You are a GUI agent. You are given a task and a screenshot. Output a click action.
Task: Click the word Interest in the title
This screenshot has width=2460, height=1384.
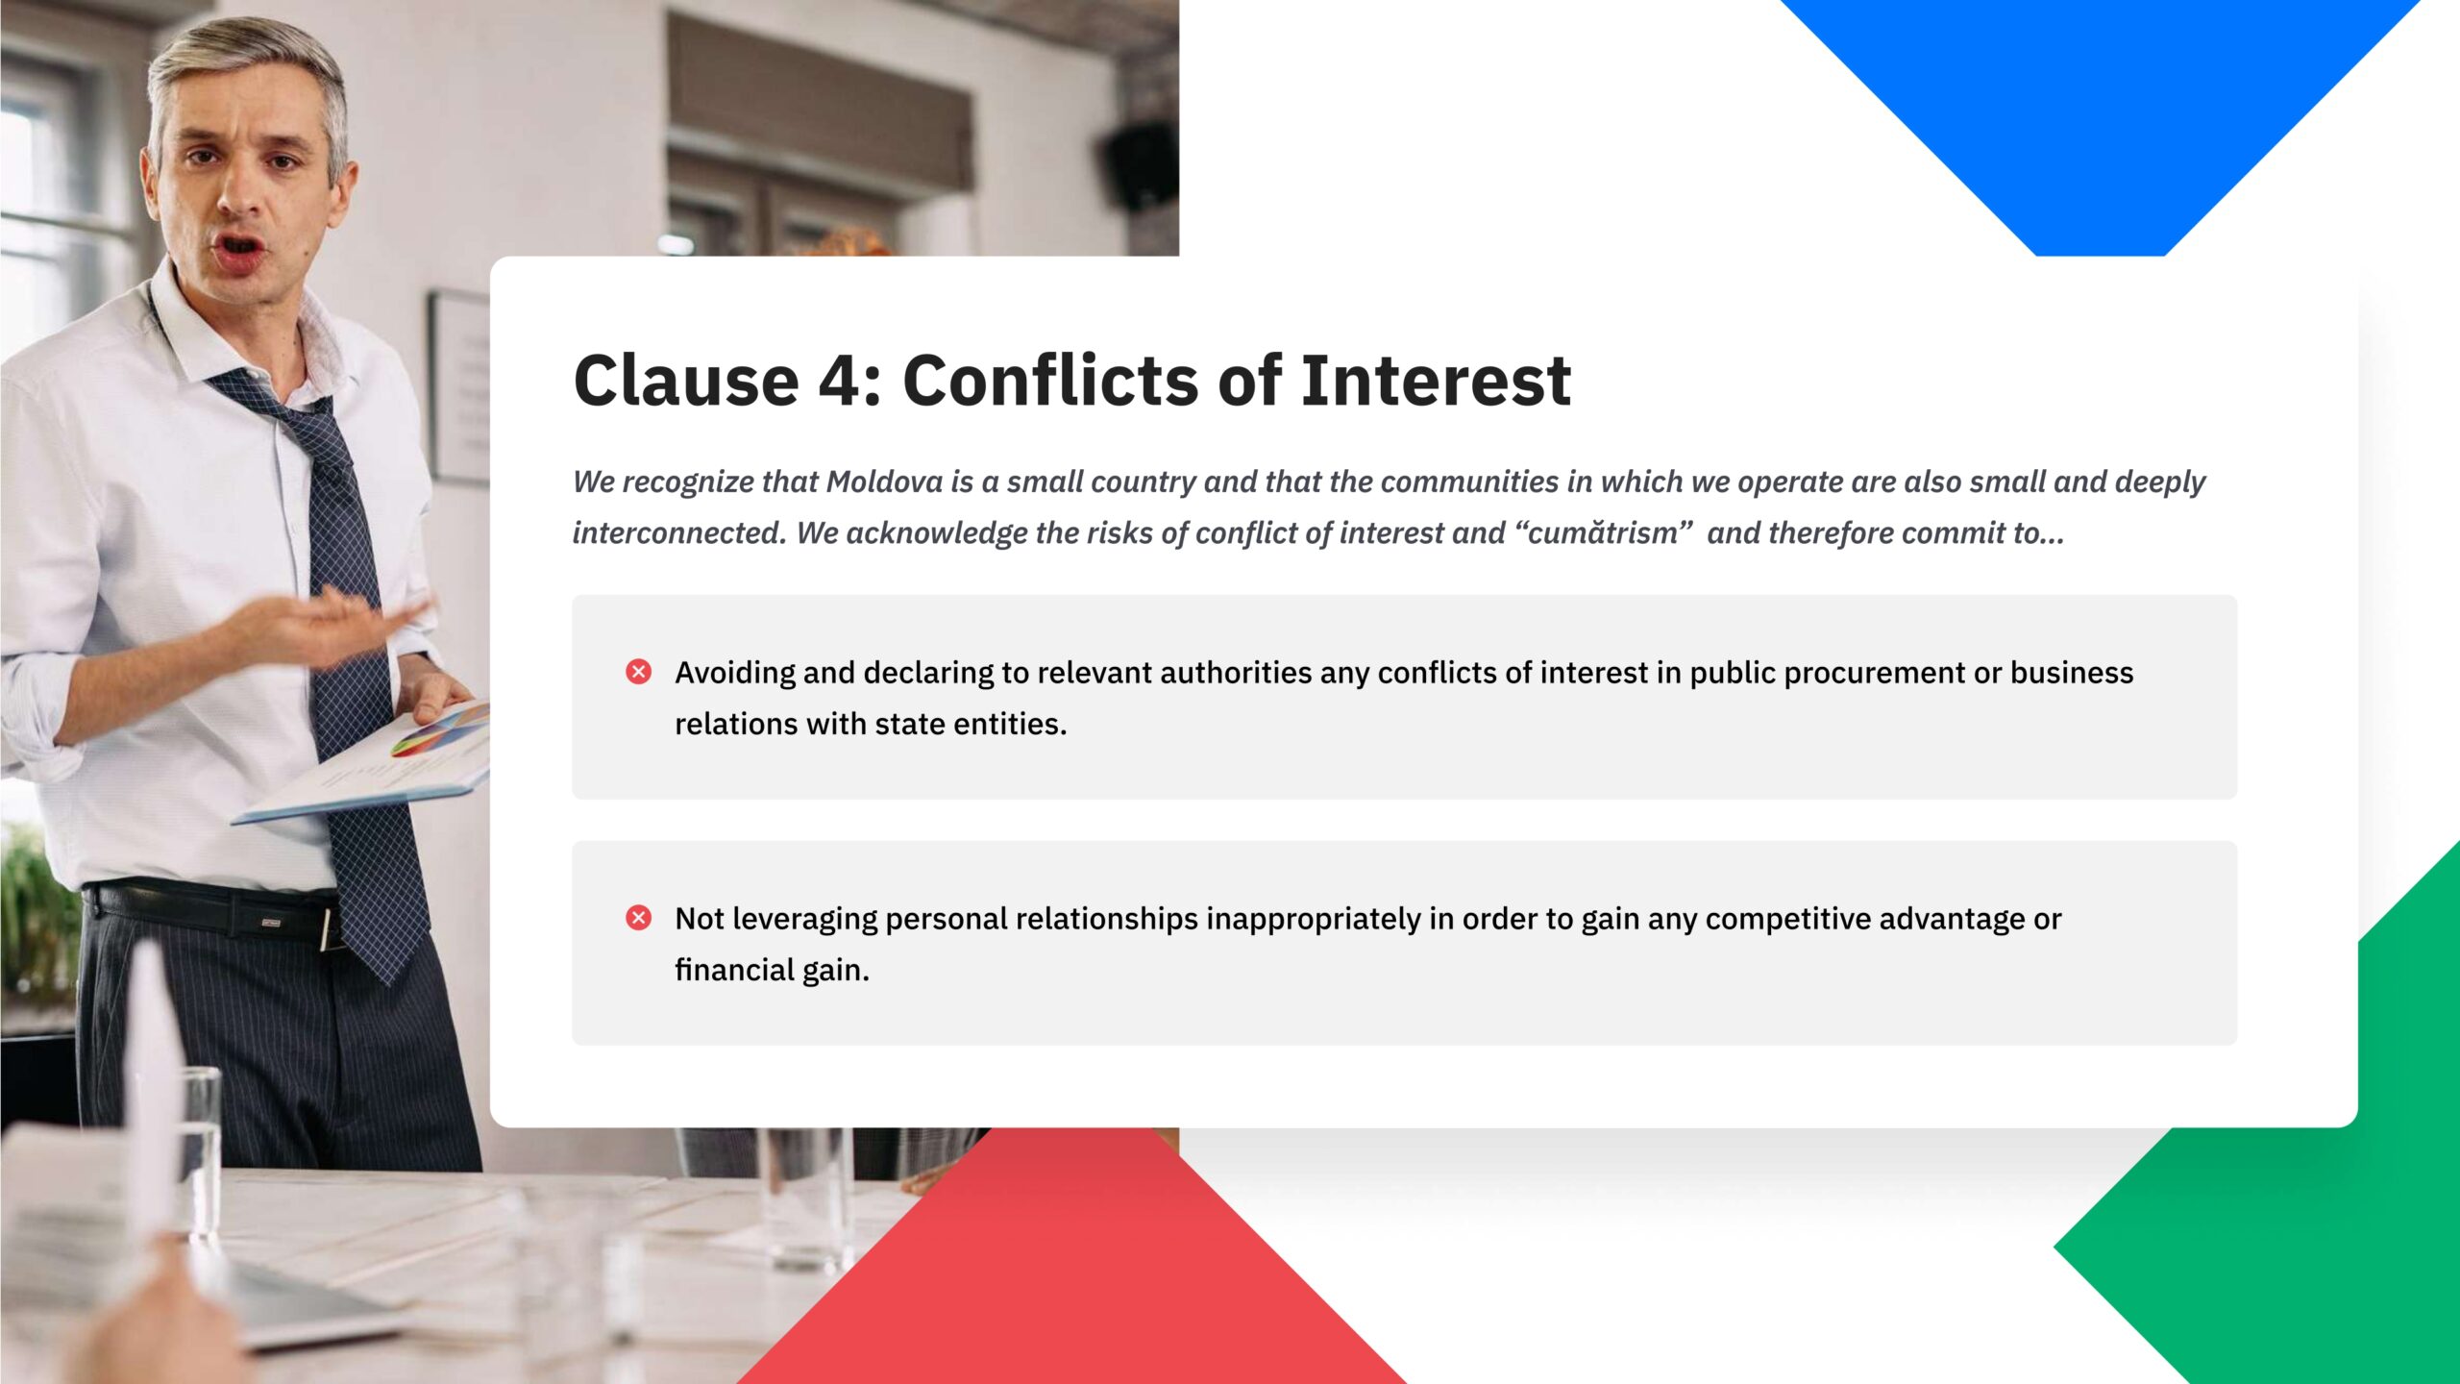pyautogui.click(x=1436, y=381)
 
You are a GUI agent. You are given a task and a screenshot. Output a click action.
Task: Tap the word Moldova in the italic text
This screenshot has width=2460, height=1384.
pyautogui.click(x=884, y=482)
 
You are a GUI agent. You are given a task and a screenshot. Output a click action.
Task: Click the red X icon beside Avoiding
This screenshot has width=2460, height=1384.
pyautogui.click(x=638, y=672)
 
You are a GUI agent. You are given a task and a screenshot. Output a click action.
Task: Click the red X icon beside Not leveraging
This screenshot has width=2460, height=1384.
pyautogui.click(x=638, y=918)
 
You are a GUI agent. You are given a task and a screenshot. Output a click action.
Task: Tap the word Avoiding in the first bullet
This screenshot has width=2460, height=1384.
pyautogui.click(x=735, y=673)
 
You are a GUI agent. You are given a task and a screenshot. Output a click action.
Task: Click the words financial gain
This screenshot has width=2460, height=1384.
pyautogui.click(x=772, y=971)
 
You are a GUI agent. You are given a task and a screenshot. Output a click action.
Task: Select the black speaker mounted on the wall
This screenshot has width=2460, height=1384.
pyautogui.click(x=1142, y=165)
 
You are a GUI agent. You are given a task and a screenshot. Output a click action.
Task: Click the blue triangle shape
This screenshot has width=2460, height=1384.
pyautogui.click(x=2100, y=106)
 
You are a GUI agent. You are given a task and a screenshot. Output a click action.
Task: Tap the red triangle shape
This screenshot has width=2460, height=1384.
pyautogui.click(x=1070, y=1269)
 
